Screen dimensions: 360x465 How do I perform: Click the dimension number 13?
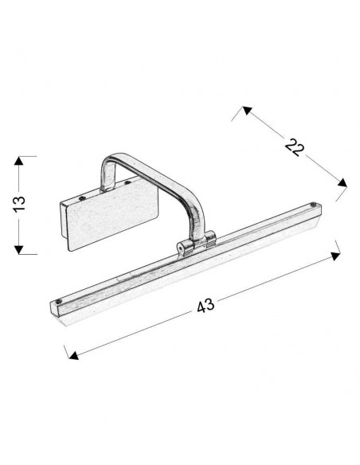20,204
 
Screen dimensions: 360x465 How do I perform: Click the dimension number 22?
295,147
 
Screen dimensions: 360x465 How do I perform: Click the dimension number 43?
205,305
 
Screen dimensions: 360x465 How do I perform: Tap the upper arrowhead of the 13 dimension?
18,161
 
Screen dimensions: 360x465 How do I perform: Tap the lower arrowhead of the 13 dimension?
18,250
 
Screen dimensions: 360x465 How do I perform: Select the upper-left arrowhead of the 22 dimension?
247,111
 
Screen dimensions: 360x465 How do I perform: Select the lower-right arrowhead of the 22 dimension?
342,182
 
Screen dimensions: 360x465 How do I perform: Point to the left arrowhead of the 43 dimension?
73,355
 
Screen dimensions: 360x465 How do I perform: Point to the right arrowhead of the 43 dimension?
335,256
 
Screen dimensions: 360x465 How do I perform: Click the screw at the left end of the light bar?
58,301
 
